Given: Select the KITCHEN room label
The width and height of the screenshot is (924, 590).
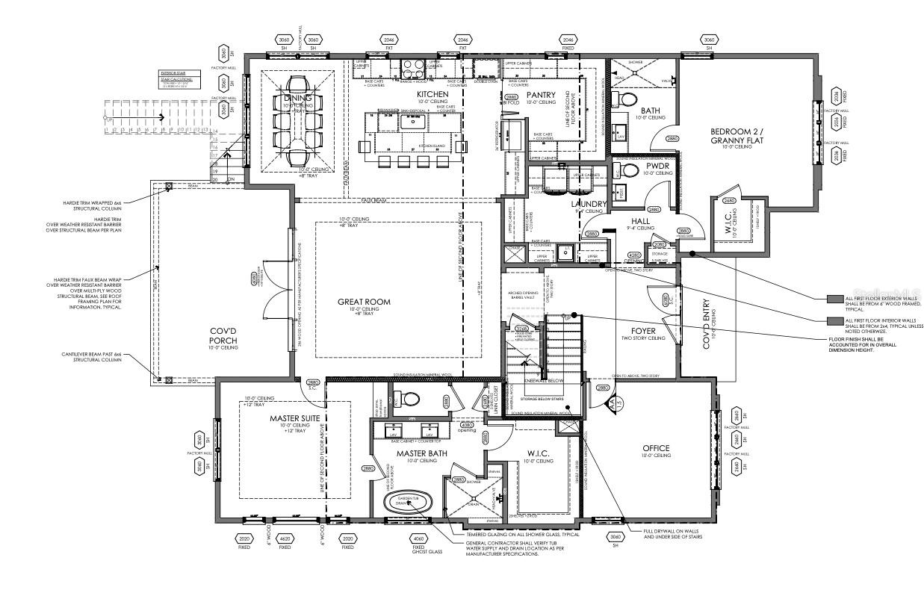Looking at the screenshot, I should pos(432,94).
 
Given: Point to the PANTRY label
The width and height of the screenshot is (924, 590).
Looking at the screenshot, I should pos(542,95).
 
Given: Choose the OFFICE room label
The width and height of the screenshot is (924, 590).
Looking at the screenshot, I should pos(657,448).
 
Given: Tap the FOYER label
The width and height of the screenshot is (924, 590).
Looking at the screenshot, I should pos(642,330).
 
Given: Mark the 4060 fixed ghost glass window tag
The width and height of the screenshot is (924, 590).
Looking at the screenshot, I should pos(418,538).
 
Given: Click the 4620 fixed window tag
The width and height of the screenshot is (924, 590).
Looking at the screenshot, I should pos(285,538).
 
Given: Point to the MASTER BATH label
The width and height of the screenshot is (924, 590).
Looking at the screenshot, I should pos(417,453).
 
